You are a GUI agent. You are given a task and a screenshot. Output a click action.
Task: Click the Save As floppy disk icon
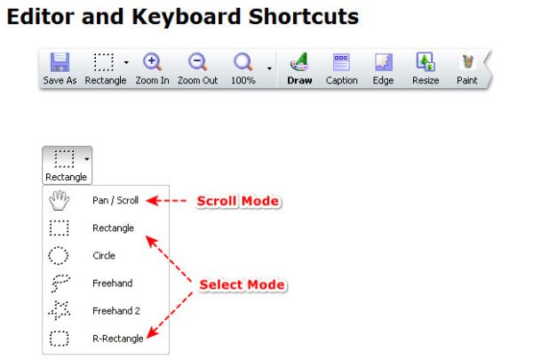pyautogui.click(x=60, y=62)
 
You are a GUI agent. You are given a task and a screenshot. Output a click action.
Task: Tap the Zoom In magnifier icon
pyautogui.click(x=152, y=62)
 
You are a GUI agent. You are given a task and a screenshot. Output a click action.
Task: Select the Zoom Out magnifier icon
pyautogui.click(x=197, y=62)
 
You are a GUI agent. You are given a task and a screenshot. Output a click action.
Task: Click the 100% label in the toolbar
pyautogui.click(x=243, y=80)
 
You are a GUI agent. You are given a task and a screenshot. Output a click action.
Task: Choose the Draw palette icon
pyautogui.click(x=299, y=62)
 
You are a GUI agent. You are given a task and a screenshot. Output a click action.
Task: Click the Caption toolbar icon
pyautogui.click(x=341, y=62)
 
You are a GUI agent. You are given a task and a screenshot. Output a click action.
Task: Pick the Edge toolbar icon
pyautogui.click(x=384, y=62)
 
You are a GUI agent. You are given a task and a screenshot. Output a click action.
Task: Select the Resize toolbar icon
pyautogui.click(x=426, y=62)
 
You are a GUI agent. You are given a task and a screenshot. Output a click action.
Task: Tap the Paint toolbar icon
pyautogui.click(x=467, y=62)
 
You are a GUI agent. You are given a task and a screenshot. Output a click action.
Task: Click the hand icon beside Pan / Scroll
pyautogui.click(x=59, y=200)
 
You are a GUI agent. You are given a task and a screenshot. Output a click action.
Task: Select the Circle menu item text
pyautogui.click(x=104, y=255)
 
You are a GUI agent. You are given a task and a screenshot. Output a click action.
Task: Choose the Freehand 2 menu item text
pyautogui.click(x=116, y=310)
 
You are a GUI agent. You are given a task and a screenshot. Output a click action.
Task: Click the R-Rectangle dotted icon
pyautogui.click(x=60, y=339)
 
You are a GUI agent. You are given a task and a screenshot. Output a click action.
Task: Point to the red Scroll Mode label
pyautogui.click(x=238, y=201)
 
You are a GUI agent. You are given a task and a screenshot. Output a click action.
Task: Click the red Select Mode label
pyautogui.click(x=242, y=284)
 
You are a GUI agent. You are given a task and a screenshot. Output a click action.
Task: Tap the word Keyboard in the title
pyautogui.click(x=187, y=17)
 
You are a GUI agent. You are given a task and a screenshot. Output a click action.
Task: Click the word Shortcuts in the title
pyautogui.click(x=304, y=16)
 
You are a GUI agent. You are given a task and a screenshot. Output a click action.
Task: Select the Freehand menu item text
pyautogui.click(x=113, y=283)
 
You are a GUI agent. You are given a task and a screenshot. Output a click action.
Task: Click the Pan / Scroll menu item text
pyautogui.click(x=115, y=200)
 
